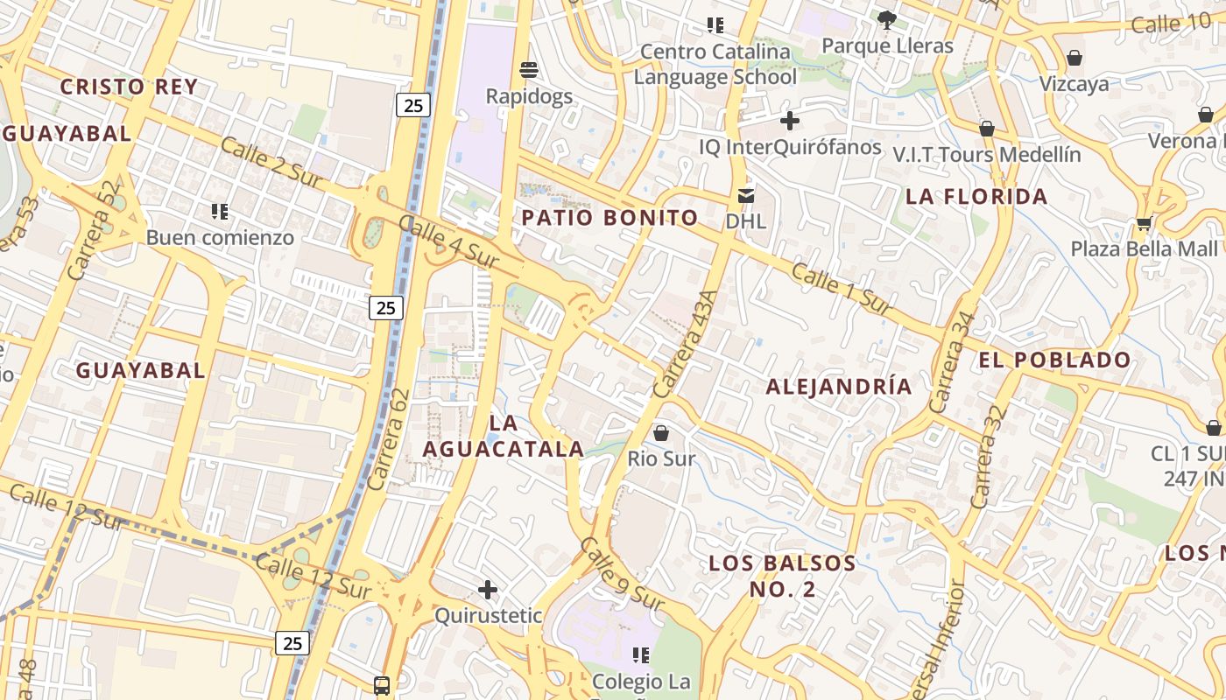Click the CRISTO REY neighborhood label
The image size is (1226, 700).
129,87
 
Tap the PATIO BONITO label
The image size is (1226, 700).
609,218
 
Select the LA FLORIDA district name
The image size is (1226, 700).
976,197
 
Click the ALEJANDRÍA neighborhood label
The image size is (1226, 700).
839,387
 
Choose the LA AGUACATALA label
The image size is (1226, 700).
504,436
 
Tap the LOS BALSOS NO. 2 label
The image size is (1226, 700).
782,576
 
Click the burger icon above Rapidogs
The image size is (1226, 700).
528,69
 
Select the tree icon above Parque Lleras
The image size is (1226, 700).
886,19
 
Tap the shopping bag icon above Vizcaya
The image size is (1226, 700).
1074,58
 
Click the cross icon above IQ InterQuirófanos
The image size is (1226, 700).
790,121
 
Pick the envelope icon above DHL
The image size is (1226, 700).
746,195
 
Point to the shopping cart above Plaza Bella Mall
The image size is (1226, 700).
1144,223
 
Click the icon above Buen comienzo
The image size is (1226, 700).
220,211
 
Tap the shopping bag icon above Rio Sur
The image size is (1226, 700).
661,432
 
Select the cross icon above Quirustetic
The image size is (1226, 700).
488,590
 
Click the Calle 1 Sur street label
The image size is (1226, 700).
842,287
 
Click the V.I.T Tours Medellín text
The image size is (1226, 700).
987,155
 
